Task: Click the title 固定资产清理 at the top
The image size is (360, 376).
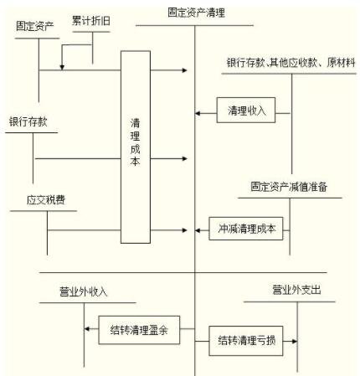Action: pyautogui.click(x=195, y=13)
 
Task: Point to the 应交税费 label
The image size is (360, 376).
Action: pyautogui.click(x=45, y=201)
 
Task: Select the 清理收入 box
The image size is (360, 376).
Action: pyautogui.click(x=245, y=111)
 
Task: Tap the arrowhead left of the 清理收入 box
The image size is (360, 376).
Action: pyautogui.click(x=199, y=111)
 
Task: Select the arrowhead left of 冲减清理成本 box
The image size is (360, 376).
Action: pyautogui.click(x=199, y=228)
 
